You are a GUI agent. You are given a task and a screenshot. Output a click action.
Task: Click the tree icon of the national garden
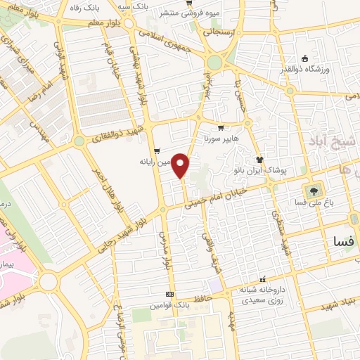coord(311,189)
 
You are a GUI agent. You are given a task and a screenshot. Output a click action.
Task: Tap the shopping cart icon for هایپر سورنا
coord(221,129)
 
